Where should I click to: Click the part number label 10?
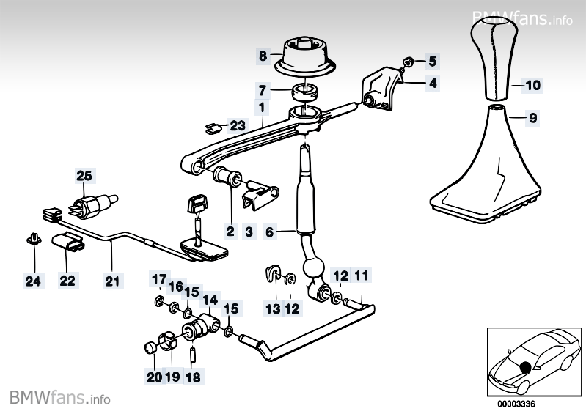point(532,86)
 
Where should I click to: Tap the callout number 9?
point(532,117)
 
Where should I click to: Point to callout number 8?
point(263,55)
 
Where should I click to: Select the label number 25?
point(84,176)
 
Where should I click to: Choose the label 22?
point(67,280)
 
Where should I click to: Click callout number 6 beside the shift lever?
point(269,232)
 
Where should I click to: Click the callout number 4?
point(433,84)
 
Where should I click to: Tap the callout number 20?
point(153,378)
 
